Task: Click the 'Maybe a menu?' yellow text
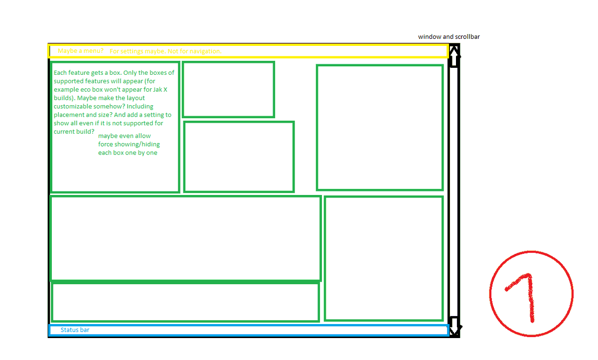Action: point(80,51)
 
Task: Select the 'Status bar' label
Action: point(75,330)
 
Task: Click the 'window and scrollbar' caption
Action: point(448,37)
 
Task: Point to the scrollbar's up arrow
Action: point(454,55)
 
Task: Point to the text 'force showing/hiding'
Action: point(129,144)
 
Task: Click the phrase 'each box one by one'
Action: point(128,153)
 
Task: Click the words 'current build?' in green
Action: point(74,132)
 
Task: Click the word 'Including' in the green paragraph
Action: point(140,106)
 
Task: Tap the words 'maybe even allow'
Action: point(124,136)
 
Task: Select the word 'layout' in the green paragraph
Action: point(135,98)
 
